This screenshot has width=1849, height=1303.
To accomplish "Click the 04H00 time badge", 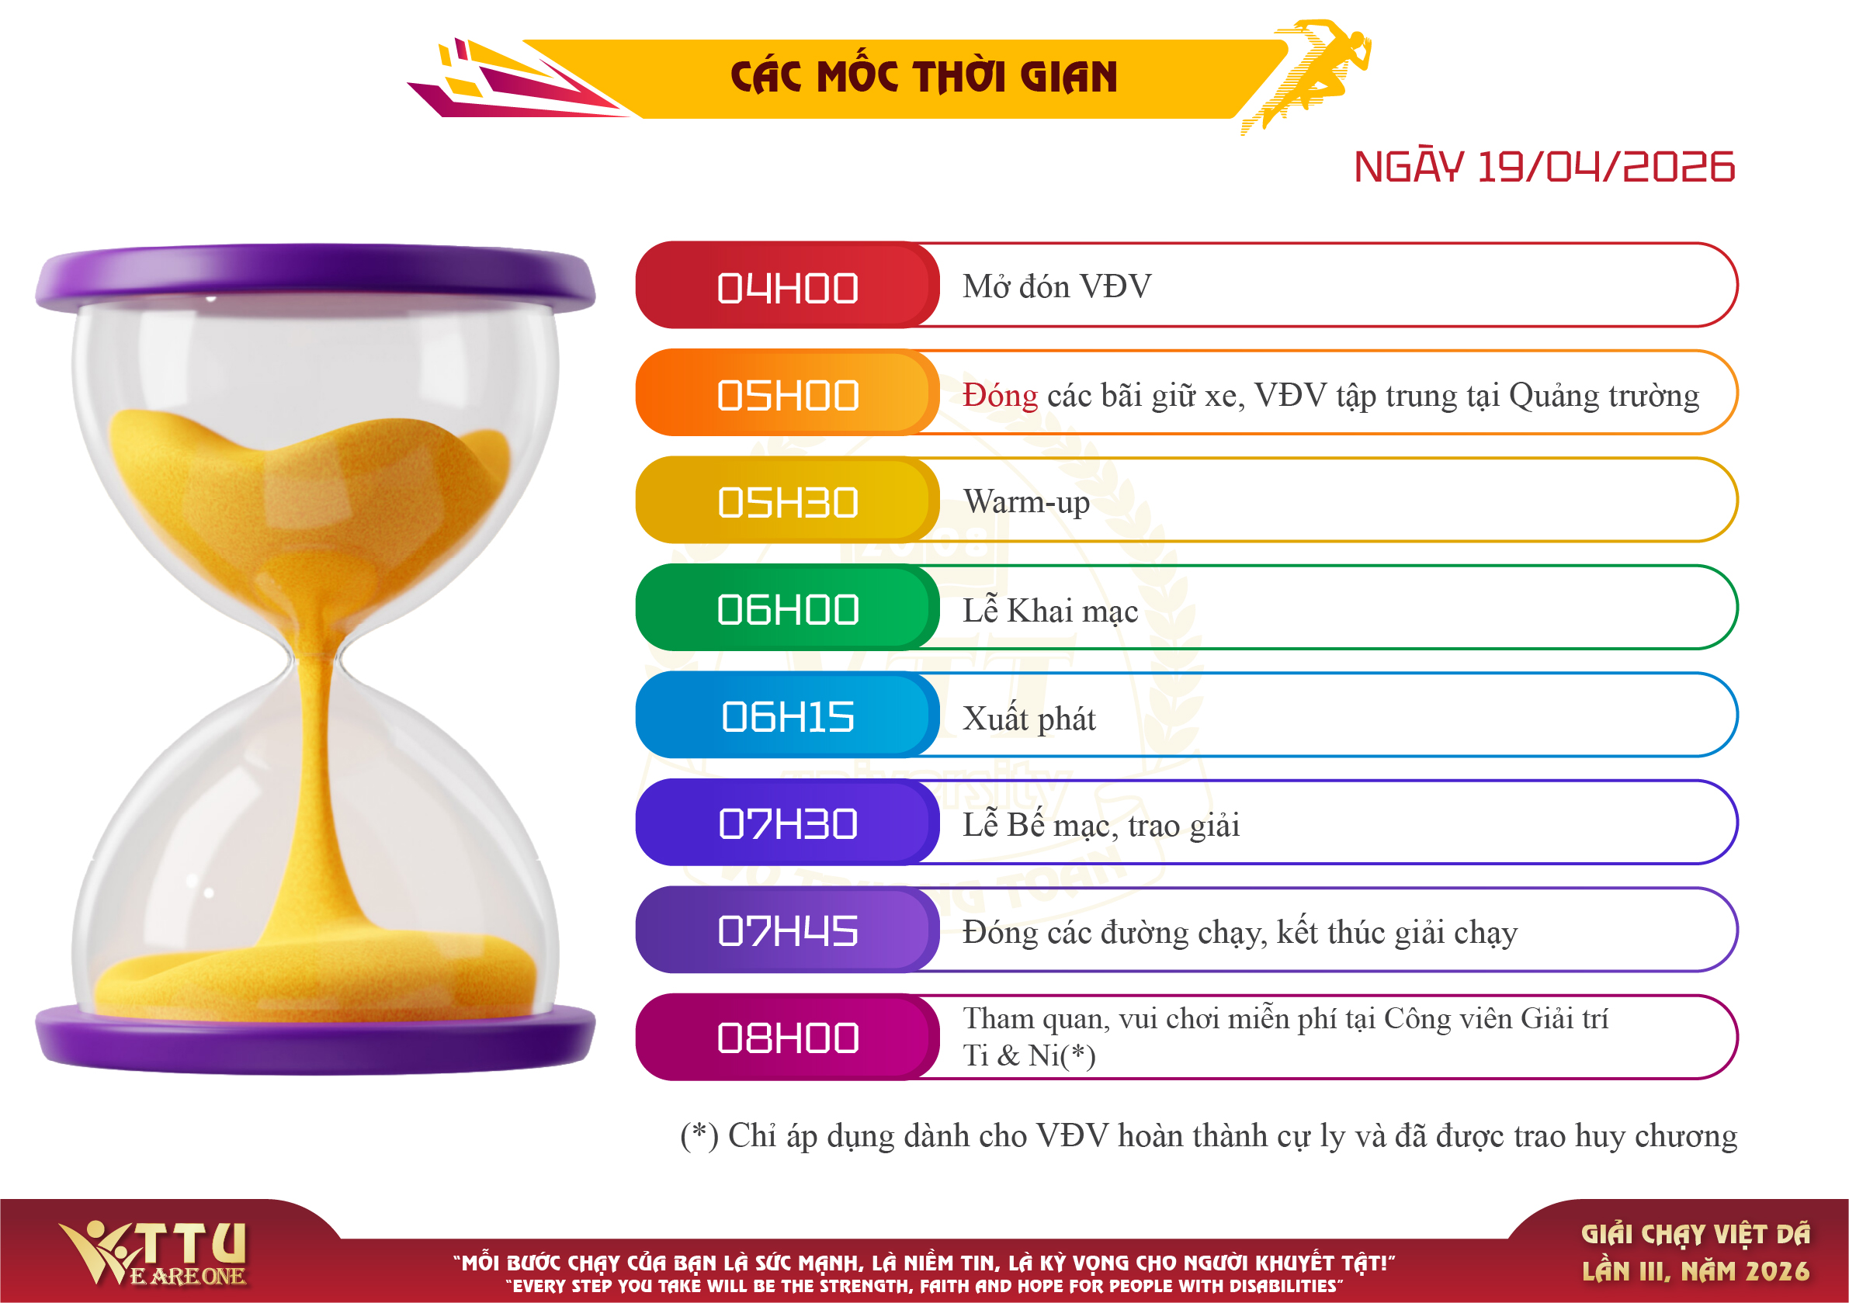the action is pyautogui.click(x=787, y=285).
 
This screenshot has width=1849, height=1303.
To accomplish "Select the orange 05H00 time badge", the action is pyautogui.click(x=787, y=393).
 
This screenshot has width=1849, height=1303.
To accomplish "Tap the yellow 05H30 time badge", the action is pyautogui.click(x=787, y=500).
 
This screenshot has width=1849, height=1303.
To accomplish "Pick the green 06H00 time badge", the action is pyautogui.click(x=787, y=608).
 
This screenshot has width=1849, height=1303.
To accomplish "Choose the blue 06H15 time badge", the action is pyautogui.click(x=787, y=715).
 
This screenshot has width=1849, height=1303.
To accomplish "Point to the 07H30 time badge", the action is pyautogui.click(x=787, y=822).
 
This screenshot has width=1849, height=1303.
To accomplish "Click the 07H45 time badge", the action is pyautogui.click(x=787, y=930).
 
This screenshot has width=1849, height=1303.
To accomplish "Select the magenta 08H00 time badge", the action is pyautogui.click(x=787, y=1038).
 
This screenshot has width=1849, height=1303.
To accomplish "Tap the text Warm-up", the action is pyautogui.click(x=1027, y=501).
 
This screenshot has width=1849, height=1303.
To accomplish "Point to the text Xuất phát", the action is pyautogui.click(x=1029, y=718).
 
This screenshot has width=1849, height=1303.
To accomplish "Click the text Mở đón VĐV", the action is pyautogui.click(x=1057, y=286).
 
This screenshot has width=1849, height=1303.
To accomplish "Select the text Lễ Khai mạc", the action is pyautogui.click(x=1051, y=610).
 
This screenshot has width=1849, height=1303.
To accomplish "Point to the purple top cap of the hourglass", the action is pyautogui.click(x=316, y=278).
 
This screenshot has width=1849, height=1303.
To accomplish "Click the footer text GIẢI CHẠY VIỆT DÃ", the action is pyautogui.click(x=1696, y=1235).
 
